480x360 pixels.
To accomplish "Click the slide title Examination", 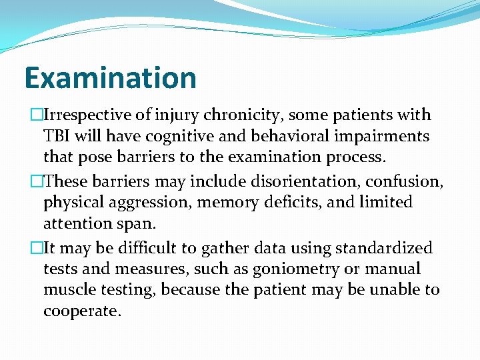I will (x=111, y=77).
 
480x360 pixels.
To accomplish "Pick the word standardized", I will (x=383, y=248).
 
